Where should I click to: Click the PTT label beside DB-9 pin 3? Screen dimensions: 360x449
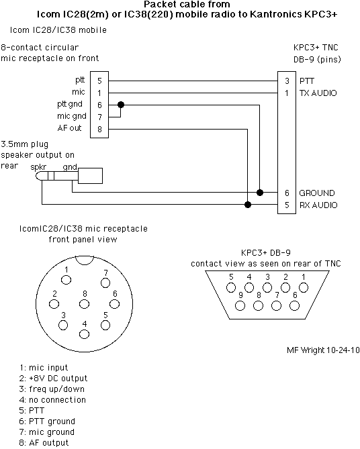pos(307,81)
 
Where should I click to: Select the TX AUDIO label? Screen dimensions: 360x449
pos(318,93)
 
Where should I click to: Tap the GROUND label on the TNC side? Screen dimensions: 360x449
pos(317,193)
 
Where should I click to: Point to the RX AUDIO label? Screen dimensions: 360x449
pos(318,205)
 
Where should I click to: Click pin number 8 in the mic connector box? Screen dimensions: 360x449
pos(99,129)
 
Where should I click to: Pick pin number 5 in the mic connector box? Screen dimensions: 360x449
pos(99,81)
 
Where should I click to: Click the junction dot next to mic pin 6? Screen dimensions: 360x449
pos(121,105)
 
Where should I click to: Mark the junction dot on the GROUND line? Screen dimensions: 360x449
pos(260,193)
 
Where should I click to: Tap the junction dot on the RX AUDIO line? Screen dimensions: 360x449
pos(248,205)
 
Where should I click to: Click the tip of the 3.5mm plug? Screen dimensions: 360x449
pos(37,176)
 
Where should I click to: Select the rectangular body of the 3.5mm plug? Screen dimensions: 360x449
pos(90,176)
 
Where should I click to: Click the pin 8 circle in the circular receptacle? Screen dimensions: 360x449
pos(84,304)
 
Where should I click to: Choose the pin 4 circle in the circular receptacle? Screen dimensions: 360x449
pos(84,334)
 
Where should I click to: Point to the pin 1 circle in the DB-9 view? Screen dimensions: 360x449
pos(304,287)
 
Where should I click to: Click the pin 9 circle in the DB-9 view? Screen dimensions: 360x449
pos(240,306)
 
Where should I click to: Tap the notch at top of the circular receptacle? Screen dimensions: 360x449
pos(84,260)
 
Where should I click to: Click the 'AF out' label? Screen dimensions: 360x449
pos(69,128)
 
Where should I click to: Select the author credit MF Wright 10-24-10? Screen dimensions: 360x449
pos(323,350)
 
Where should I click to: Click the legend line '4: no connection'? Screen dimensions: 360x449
pos(52,400)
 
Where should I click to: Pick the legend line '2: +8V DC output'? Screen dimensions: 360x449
pos(53,379)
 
